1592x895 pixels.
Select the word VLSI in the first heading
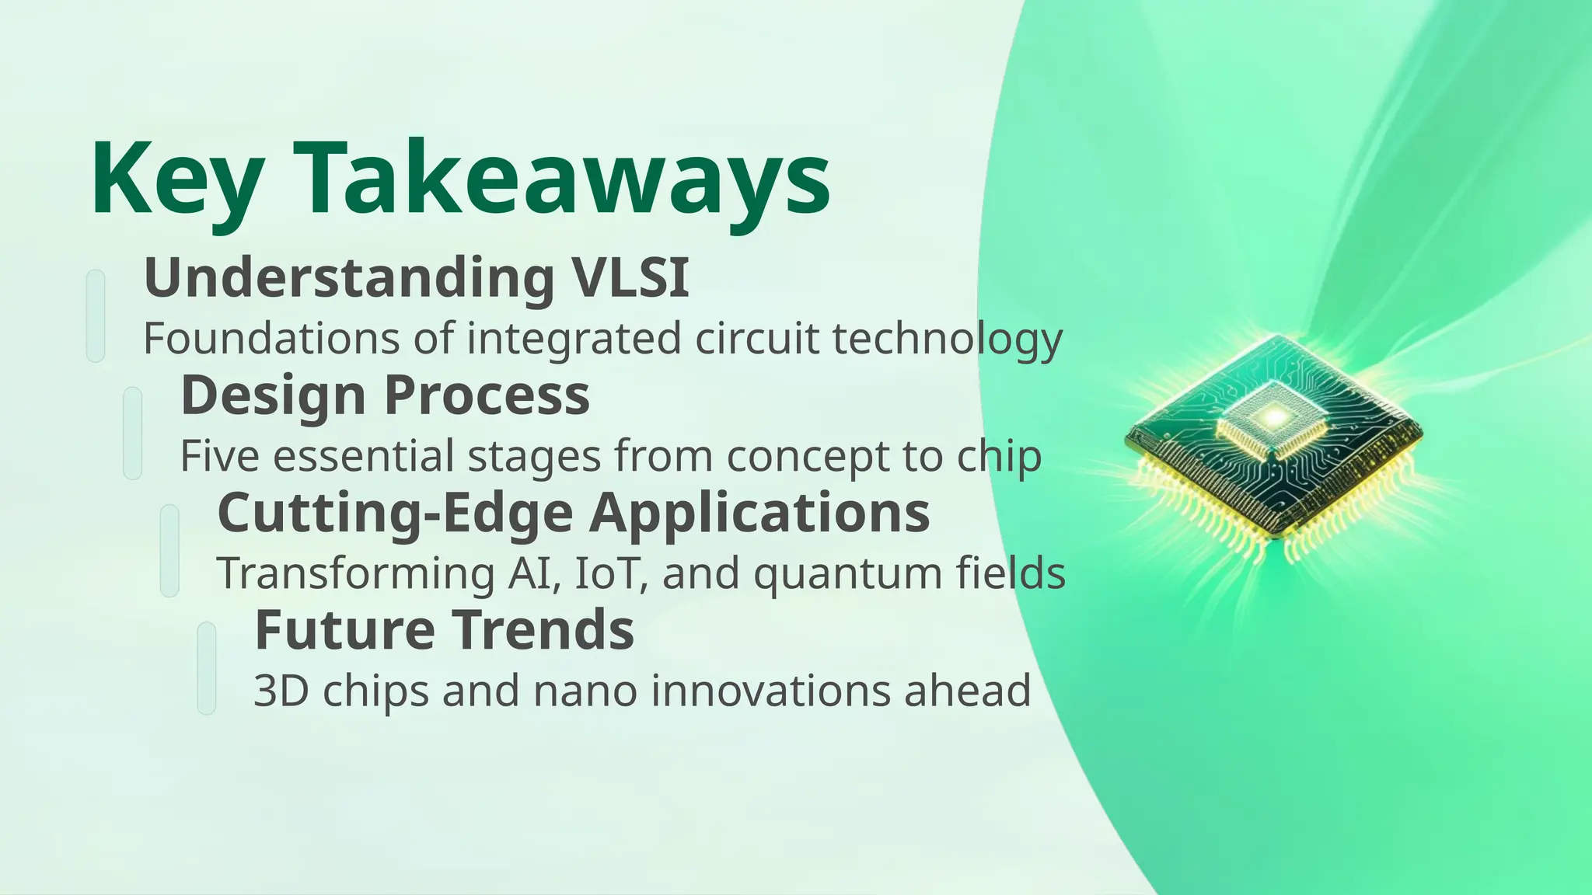[x=630, y=277]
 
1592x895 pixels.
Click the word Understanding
[x=349, y=277]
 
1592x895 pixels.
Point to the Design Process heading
[x=385, y=395]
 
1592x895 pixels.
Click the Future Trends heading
[x=444, y=630]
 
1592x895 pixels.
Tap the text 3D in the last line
[x=281, y=691]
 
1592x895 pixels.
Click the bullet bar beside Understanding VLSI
[x=96, y=315]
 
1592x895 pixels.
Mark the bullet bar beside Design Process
[x=133, y=433]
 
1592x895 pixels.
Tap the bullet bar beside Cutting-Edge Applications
[x=169, y=550]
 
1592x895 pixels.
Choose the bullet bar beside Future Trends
[x=207, y=667]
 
